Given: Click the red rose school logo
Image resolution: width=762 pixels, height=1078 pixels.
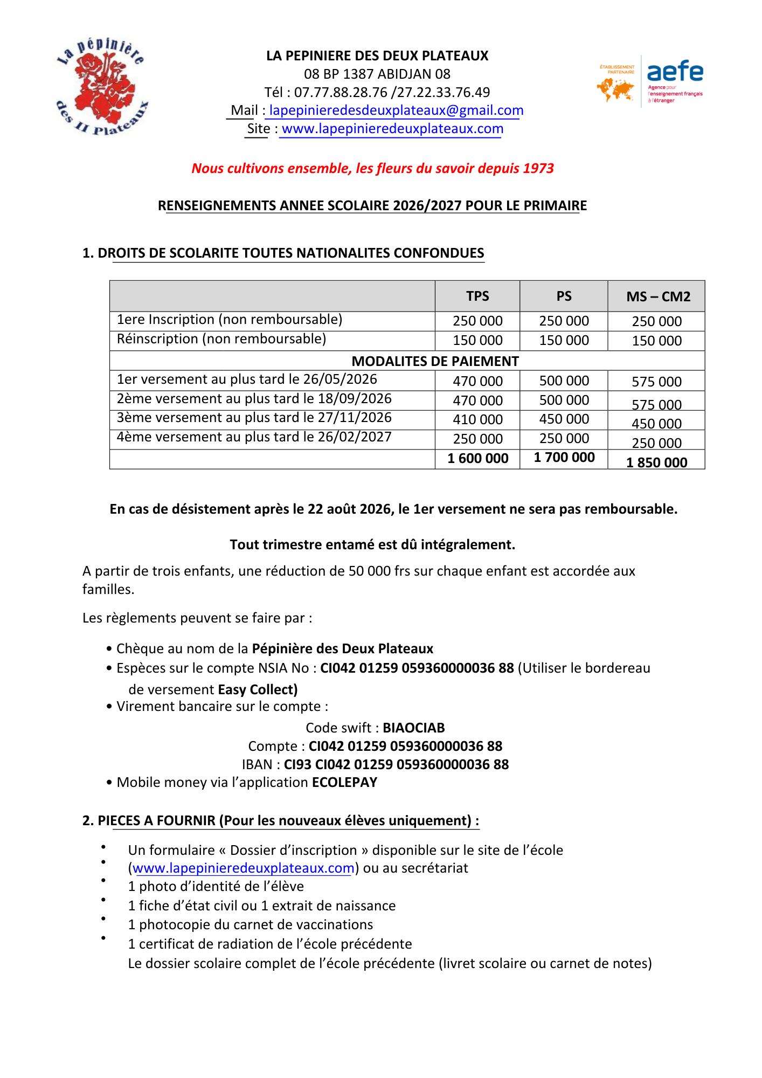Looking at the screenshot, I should click(102, 86).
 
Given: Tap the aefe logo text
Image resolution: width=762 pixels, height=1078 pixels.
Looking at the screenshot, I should click(675, 72).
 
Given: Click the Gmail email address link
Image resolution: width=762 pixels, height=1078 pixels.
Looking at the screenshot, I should click(396, 110).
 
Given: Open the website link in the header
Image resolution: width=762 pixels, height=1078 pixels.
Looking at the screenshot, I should click(392, 129).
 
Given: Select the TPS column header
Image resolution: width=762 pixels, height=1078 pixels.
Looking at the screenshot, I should click(477, 296).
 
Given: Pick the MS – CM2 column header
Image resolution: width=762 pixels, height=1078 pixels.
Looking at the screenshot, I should click(658, 296).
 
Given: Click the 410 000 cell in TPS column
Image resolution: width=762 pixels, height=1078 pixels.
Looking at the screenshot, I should click(477, 419).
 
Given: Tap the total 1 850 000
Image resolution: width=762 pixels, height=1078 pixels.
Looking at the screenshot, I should click(656, 462).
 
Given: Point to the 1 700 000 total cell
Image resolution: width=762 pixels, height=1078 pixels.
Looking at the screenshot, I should click(564, 458).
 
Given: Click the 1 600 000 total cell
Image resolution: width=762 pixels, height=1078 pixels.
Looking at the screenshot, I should click(477, 458).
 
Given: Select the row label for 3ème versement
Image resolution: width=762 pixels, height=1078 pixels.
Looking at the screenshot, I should click(254, 418).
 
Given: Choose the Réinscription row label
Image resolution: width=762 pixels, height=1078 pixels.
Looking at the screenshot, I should click(221, 339).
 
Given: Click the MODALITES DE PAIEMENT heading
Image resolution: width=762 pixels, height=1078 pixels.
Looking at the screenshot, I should click(435, 361).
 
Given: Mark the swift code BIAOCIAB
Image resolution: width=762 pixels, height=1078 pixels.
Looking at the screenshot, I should click(413, 728).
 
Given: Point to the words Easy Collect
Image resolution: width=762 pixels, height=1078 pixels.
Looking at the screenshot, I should click(258, 689).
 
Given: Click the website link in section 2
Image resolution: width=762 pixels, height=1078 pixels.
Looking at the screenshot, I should click(243, 868).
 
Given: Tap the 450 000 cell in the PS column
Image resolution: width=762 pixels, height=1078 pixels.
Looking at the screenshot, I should click(564, 419).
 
